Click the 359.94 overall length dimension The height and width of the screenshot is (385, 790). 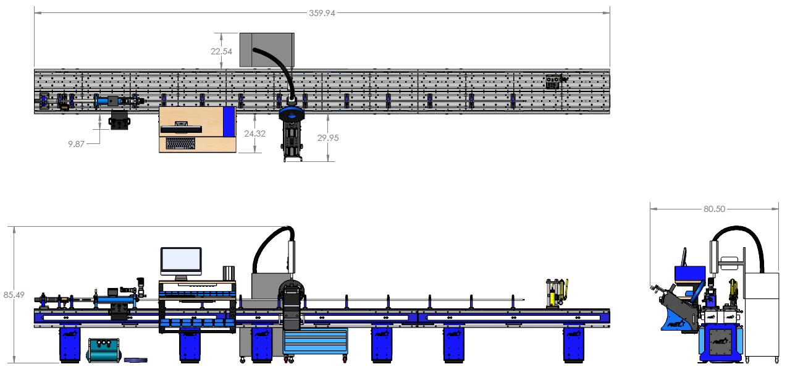(322, 13)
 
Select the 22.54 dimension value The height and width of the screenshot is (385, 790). (221, 51)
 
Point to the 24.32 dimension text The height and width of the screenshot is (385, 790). (255, 133)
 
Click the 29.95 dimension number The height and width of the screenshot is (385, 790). (327, 138)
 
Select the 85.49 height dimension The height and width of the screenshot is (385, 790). (14, 295)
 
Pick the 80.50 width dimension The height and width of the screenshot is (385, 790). (714, 209)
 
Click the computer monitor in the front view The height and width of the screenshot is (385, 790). (181, 261)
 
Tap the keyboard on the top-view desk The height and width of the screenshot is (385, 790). (180, 143)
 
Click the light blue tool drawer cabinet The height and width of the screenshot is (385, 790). (315, 341)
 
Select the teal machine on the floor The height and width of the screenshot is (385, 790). (103, 350)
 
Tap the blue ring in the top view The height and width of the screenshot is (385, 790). (291, 114)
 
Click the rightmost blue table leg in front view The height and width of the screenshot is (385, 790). (573, 345)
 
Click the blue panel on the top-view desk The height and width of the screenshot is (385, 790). (229, 121)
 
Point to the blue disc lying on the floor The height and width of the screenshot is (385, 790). (135, 359)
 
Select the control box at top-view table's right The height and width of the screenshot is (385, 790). (553, 82)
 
